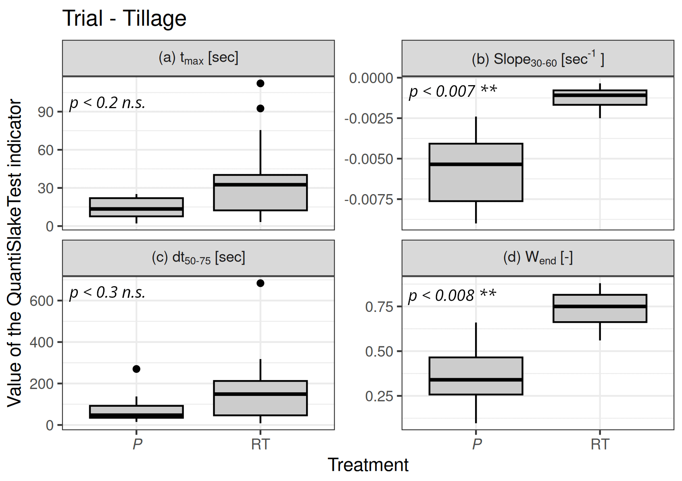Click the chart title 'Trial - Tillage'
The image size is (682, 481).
pos(124,19)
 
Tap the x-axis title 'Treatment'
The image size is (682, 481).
pos(368,465)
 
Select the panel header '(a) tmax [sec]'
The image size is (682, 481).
pos(198,58)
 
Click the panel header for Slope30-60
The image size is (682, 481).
pos(538,59)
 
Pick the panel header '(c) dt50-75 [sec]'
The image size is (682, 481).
pos(198,258)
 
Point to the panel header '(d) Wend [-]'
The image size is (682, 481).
pos(538,258)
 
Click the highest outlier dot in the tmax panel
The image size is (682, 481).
pos(261,84)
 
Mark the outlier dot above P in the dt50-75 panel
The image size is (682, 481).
pos(136,369)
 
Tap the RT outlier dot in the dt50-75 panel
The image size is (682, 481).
pos(261,283)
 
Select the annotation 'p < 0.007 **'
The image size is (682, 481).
pos(453,91)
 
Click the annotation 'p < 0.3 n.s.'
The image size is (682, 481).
pos(107,292)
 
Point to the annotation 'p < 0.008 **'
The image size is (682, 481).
pos(452,296)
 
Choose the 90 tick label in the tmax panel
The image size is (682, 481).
pos(46,112)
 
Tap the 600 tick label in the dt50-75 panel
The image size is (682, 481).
pos(42,301)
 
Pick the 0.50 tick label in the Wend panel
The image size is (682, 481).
pos(379,351)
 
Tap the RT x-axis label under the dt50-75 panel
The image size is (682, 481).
pos(261,444)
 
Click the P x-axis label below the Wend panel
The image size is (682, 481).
pos(477,444)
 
